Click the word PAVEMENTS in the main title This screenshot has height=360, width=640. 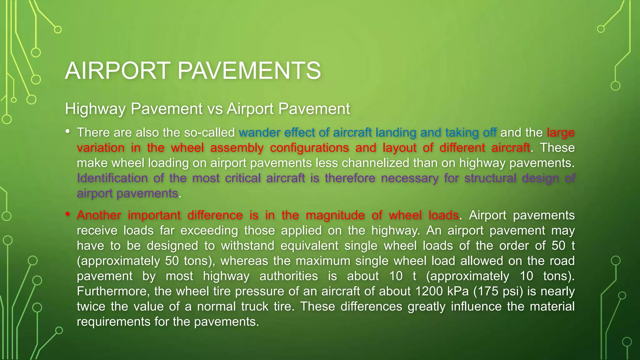(x=249, y=71)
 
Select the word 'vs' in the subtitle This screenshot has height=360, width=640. (x=215, y=109)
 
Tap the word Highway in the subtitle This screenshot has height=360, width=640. (x=95, y=109)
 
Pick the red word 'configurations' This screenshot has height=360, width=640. (x=309, y=147)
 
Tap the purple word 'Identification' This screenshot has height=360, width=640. (x=112, y=178)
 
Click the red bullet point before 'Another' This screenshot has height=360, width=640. (x=67, y=214)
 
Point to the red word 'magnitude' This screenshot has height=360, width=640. (x=335, y=215)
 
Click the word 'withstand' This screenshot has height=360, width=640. (x=247, y=246)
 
